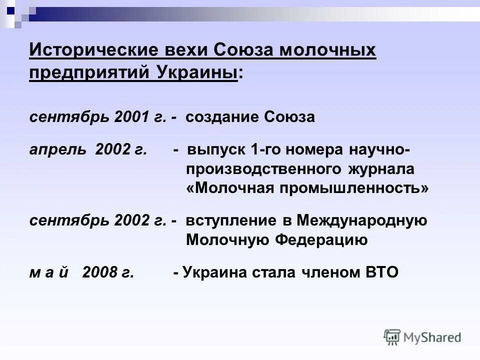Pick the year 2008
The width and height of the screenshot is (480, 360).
point(100,272)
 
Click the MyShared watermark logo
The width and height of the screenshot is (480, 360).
point(422,337)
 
